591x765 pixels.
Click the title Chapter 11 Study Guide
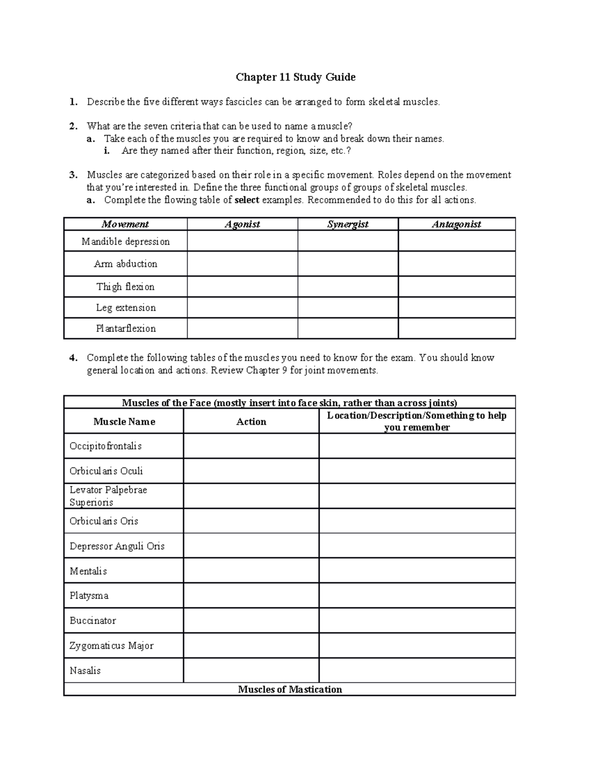[295, 77]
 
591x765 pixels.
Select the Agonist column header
[242, 224]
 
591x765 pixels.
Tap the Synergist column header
[348, 224]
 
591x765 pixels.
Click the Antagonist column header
[457, 224]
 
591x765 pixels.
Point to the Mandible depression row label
[126, 241]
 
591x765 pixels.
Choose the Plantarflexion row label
[126, 329]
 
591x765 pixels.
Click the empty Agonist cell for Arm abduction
[242, 264]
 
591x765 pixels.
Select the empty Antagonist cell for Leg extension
[457, 307]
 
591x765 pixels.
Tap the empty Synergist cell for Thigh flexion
[348, 287]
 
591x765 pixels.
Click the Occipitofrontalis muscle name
[105, 446]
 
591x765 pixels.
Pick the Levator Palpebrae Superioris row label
[108, 496]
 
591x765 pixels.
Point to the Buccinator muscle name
[93, 621]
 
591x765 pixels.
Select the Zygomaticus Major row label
[111, 646]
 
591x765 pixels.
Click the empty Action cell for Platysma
[251, 596]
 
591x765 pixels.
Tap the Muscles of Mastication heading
[290, 690]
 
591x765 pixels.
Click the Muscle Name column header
[124, 422]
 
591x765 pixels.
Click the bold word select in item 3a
[247, 200]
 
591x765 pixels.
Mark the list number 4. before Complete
[73, 358]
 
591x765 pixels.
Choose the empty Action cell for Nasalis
[251, 670]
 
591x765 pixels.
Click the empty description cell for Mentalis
[417, 571]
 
